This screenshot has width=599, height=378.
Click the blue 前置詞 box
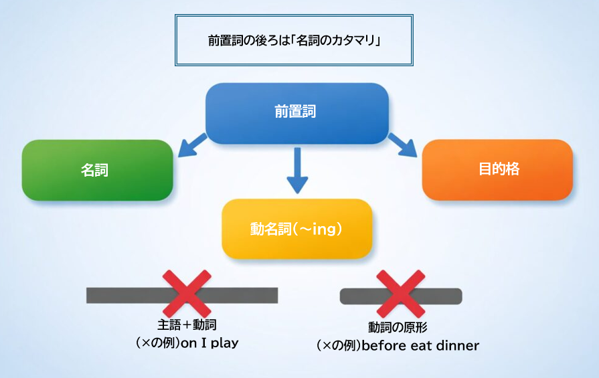pyautogui.click(x=296, y=112)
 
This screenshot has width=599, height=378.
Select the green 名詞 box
pyautogui.click(x=97, y=170)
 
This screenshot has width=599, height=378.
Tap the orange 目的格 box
pyautogui.click(x=498, y=169)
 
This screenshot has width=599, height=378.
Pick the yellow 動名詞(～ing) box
pyautogui.click(x=296, y=229)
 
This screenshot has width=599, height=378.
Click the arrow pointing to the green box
pyautogui.click(x=193, y=145)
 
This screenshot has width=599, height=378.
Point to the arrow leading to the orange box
pyautogui.click(x=403, y=145)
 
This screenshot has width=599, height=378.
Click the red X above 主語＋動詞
pyautogui.click(x=187, y=294)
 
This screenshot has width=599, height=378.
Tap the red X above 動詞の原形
pyautogui.click(x=400, y=294)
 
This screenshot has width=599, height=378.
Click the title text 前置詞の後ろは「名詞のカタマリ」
pyautogui.click(x=294, y=40)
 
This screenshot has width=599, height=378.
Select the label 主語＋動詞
pyautogui.click(x=187, y=325)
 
